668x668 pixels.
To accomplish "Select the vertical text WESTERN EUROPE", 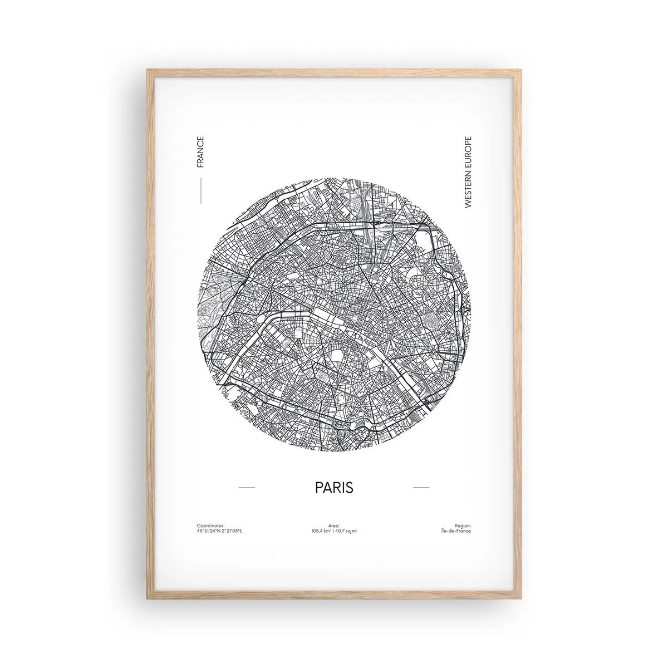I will tap(468, 173).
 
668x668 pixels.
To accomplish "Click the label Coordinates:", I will tap(210, 525).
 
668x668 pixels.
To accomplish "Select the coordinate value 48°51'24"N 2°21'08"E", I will tap(220, 531).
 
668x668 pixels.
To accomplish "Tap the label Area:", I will tap(334, 525).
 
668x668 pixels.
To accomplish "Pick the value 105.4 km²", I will tap(322, 531).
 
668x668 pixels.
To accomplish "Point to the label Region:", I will tap(463, 525).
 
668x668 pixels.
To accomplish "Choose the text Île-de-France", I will tap(455, 531).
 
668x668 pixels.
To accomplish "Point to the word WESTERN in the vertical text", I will tap(468, 191).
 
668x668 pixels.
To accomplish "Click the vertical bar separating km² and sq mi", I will tap(334, 531).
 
